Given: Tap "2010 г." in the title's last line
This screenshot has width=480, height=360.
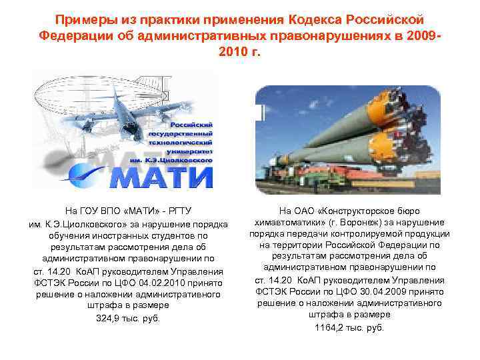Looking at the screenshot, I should pyautogui.click(x=239, y=52).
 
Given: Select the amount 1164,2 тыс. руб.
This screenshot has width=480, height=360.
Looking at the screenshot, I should pyautogui.click(x=350, y=327).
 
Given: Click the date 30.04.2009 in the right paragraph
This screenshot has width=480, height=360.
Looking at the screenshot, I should pyautogui.click(x=387, y=291).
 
